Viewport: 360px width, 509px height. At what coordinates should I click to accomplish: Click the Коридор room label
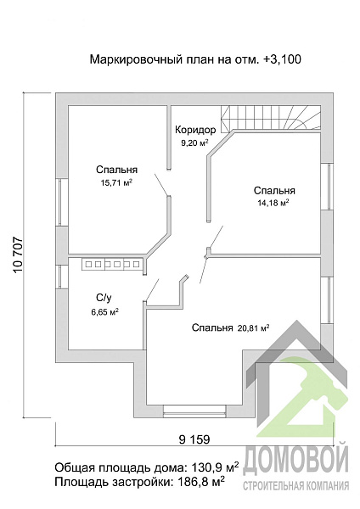pyautogui.click(x=195, y=130)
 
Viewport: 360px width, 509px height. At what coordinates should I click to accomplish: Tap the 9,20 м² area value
pyautogui.click(x=194, y=143)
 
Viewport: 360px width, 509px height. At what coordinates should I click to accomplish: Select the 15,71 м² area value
pyautogui.click(x=116, y=182)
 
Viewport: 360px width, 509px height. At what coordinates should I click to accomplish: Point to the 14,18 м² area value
pyautogui.click(x=273, y=203)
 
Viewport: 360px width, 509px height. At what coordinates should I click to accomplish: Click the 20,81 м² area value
pyautogui.click(x=253, y=327)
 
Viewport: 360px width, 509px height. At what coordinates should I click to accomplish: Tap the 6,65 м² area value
pyautogui.click(x=104, y=312)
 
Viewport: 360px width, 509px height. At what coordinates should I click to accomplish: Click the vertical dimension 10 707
pyautogui.click(x=19, y=255)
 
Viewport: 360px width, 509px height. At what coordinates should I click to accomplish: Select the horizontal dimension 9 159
pyautogui.click(x=194, y=439)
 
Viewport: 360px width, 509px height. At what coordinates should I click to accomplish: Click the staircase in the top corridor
pyautogui.click(x=270, y=118)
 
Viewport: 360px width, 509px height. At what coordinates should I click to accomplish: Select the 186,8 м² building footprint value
pyautogui.click(x=200, y=482)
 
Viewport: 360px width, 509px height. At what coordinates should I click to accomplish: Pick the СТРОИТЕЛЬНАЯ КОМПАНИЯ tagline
pyautogui.click(x=296, y=485)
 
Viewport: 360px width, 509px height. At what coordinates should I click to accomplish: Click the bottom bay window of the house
pyautogui.click(x=194, y=411)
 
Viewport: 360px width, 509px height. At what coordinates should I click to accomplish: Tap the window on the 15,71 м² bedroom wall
pyautogui.click(x=62, y=202)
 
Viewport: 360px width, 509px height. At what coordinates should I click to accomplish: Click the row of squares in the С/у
pyautogui.click(x=111, y=264)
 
